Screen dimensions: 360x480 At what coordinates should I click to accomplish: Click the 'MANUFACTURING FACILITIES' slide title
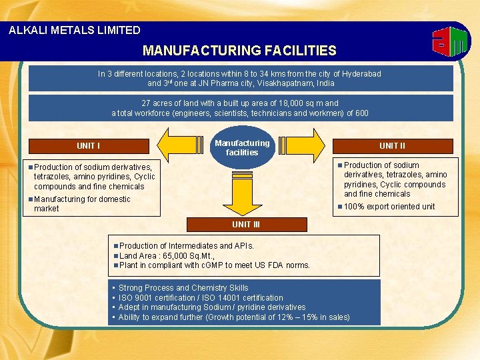pos(239,51)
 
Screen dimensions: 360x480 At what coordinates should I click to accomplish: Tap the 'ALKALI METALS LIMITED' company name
pos(75,30)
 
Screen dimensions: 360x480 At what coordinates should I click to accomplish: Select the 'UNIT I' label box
pos(89,146)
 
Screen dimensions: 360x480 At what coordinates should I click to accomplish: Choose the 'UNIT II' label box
pos(393,145)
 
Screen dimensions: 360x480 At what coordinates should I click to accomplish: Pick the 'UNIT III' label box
pos(246,225)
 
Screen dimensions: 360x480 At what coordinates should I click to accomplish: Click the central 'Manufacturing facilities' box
pos(242,147)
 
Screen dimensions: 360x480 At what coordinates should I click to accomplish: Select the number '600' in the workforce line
pos(361,113)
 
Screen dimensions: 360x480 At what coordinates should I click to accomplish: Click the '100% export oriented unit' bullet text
pos(389,207)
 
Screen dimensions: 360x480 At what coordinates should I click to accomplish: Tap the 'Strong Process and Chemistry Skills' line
pos(183,288)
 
